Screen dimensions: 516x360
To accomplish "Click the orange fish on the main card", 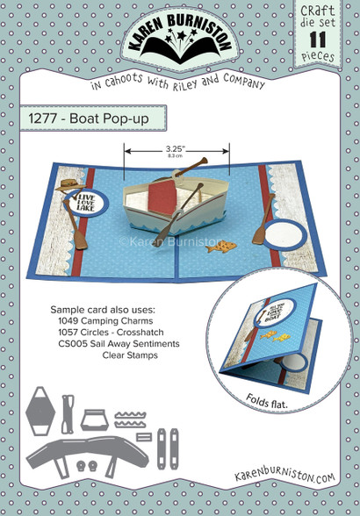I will coord(213,248).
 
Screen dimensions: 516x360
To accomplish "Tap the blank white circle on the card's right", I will coord(284,237).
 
